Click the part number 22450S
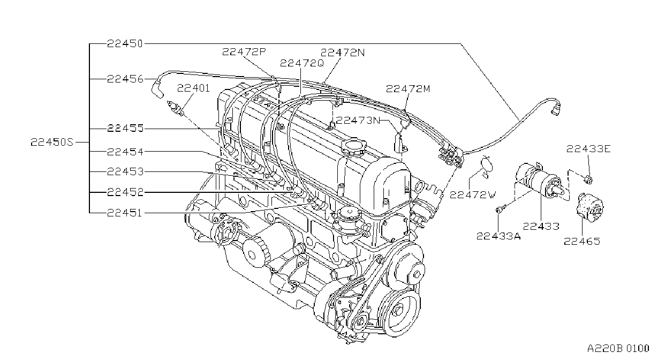coord(52,142)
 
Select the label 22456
coord(125,79)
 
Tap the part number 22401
coord(193,88)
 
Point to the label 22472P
coord(244,52)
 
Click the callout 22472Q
coord(301,63)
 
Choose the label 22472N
coord(343,52)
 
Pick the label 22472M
coord(408,88)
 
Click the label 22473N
coord(358,120)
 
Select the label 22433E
coord(588,149)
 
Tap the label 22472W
coord(473,194)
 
